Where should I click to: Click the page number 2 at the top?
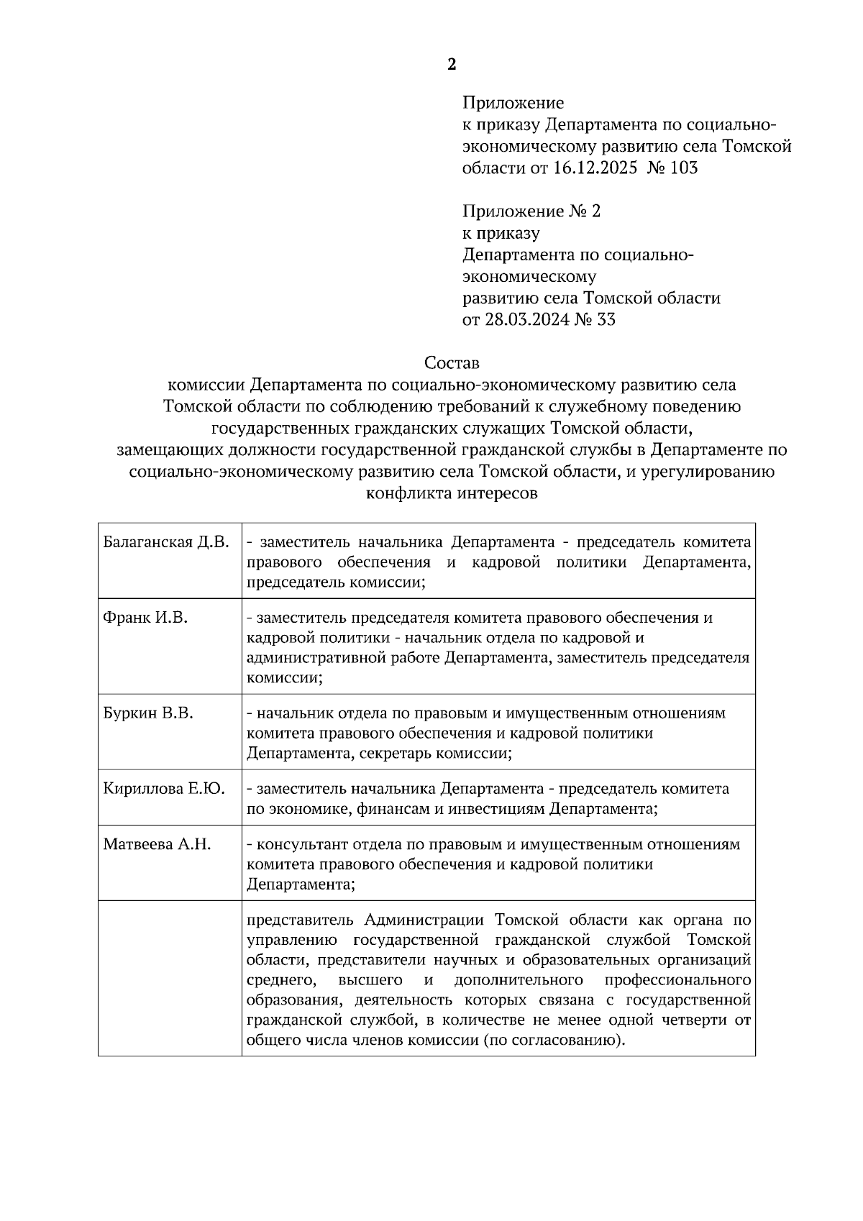(451, 65)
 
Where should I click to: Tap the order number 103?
(682, 168)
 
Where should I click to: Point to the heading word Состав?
(451, 362)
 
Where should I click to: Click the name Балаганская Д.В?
(165, 541)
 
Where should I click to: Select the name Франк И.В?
(145, 617)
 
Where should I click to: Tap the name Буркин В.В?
(148, 713)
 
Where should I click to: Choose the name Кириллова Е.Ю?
(163, 789)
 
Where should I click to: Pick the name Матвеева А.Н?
(157, 844)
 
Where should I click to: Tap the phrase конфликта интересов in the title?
(452, 494)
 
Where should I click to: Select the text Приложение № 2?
(531, 211)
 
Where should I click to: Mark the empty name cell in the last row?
(170, 978)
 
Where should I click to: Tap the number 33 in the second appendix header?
(606, 319)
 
